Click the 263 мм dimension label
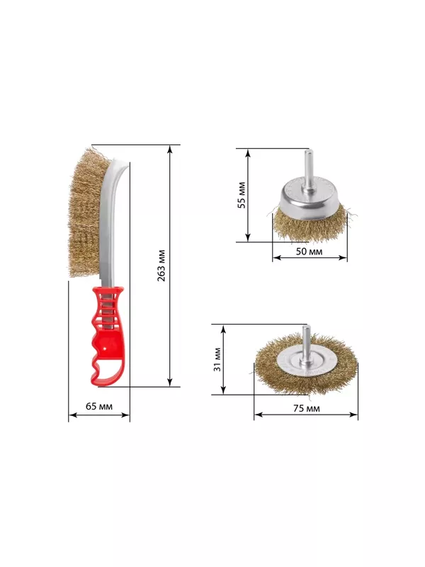click(x=161, y=265)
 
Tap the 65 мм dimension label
click(x=99, y=406)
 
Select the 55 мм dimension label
click(x=242, y=195)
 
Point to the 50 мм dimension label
click(x=309, y=252)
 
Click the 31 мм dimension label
click(x=217, y=359)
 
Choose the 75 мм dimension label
click(x=307, y=409)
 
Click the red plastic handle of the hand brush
click(x=107, y=336)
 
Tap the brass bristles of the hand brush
click(x=86, y=213)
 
